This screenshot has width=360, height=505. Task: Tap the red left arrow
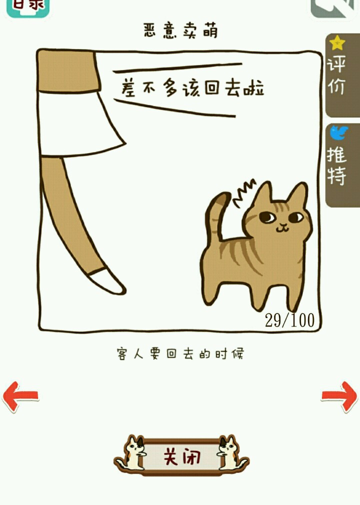point(20,396)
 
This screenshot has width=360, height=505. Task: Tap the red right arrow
point(339,396)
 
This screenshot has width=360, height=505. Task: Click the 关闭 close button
point(181,456)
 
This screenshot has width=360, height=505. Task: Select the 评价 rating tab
point(342,74)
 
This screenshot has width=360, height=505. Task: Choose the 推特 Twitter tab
point(342,165)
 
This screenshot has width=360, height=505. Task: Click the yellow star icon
point(337,43)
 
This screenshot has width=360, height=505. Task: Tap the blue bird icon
point(338,132)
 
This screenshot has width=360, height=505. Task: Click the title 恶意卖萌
point(180,30)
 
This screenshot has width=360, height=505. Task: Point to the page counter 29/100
point(289,320)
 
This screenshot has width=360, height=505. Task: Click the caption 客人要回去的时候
point(180,353)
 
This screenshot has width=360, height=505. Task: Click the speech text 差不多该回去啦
point(192,87)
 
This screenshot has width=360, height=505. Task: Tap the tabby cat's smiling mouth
point(282,228)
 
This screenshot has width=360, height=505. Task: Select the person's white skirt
point(80,124)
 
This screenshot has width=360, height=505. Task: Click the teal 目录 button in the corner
point(28,6)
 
